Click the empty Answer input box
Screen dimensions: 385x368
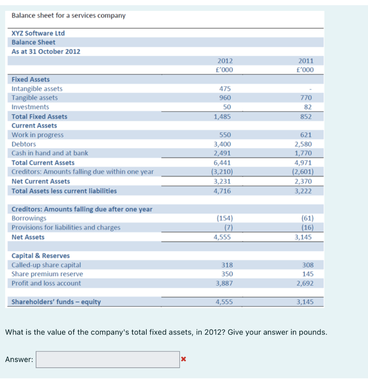coord(108,359)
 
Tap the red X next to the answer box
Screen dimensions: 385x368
coord(183,359)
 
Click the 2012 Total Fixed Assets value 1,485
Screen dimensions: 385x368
coord(222,117)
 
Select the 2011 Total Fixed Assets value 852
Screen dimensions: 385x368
coord(306,117)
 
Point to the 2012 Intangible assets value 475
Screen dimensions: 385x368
coord(225,89)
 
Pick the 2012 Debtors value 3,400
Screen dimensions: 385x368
coord(222,144)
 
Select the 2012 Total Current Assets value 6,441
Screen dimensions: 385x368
coord(222,163)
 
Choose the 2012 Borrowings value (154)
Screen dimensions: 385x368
coord(225,218)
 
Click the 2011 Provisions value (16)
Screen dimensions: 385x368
coord(307,227)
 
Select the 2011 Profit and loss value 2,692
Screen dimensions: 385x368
coord(305,283)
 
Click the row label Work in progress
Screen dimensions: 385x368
coord(38,135)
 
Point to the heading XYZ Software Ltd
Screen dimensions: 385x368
coord(38,33)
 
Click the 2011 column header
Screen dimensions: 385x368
coord(306,61)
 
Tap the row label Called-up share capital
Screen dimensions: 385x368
coord(46,265)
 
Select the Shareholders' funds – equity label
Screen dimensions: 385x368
coord(56,302)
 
